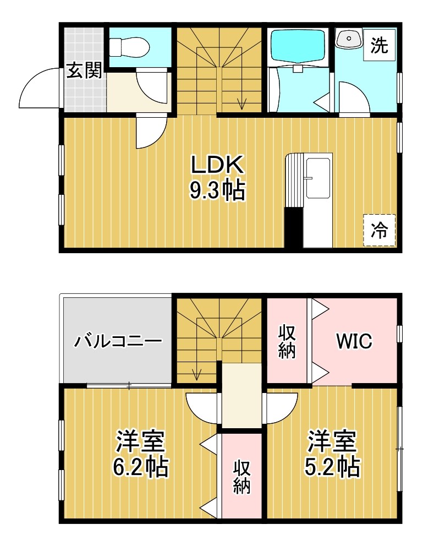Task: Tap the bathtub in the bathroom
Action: tap(298, 47)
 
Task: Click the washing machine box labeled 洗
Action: tap(379, 45)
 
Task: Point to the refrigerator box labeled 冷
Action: tap(380, 230)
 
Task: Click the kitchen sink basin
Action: tap(317, 178)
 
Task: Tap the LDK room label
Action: tap(218, 165)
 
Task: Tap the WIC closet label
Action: tap(354, 341)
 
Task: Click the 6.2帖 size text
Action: tap(140, 467)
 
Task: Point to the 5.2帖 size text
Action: tap(332, 467)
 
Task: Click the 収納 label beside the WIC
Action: tap(287, 342)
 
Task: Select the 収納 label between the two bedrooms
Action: tap(242, 477)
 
